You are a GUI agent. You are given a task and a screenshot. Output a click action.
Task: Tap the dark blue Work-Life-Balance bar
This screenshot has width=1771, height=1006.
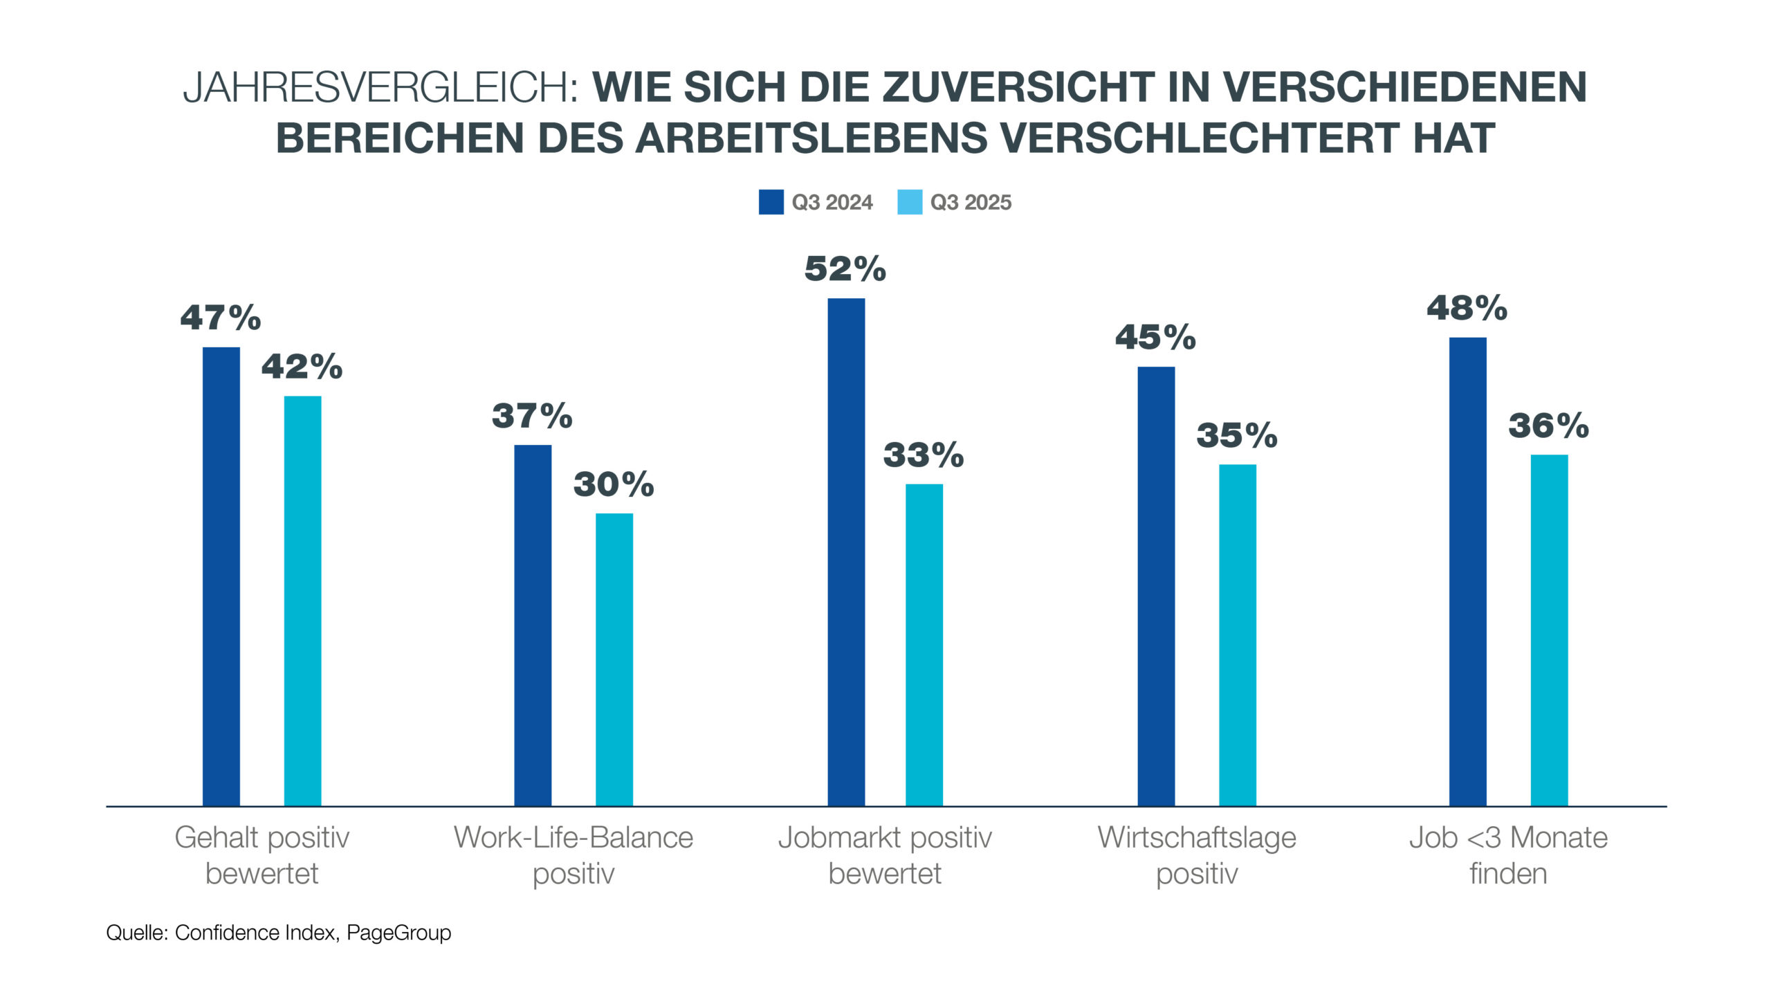point(533,625)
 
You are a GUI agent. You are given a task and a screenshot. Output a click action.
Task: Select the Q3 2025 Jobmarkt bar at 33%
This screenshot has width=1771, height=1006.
point(924,645)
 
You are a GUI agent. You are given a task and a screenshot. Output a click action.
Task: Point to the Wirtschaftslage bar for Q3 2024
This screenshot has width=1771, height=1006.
point(1156,586)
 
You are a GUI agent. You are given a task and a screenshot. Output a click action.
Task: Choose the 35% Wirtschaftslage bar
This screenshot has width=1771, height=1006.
point(1238,635)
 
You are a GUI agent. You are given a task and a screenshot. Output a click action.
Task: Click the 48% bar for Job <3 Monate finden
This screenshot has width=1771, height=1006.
point(1468,571)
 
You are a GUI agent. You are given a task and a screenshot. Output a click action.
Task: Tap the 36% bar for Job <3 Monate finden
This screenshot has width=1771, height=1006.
point(1549,630)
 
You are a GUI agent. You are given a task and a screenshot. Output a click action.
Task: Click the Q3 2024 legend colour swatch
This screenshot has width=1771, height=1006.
point(771,202)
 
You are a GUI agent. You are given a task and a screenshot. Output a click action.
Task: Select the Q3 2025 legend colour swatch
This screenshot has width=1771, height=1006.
point(910,202)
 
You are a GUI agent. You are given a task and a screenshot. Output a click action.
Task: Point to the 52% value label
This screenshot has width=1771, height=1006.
point(845,269)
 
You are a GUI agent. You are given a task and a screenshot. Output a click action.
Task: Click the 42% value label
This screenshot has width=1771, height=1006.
point(302,367)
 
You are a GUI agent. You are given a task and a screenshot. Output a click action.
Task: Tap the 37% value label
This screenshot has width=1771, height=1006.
point(532,416)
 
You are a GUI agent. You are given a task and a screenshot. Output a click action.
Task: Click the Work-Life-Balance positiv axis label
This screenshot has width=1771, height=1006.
point(573,855)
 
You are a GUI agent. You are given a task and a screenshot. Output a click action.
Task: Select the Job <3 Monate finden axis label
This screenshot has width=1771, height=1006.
point(1508,855)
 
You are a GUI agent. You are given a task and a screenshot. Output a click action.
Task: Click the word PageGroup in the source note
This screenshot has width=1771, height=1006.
point(399,933)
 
